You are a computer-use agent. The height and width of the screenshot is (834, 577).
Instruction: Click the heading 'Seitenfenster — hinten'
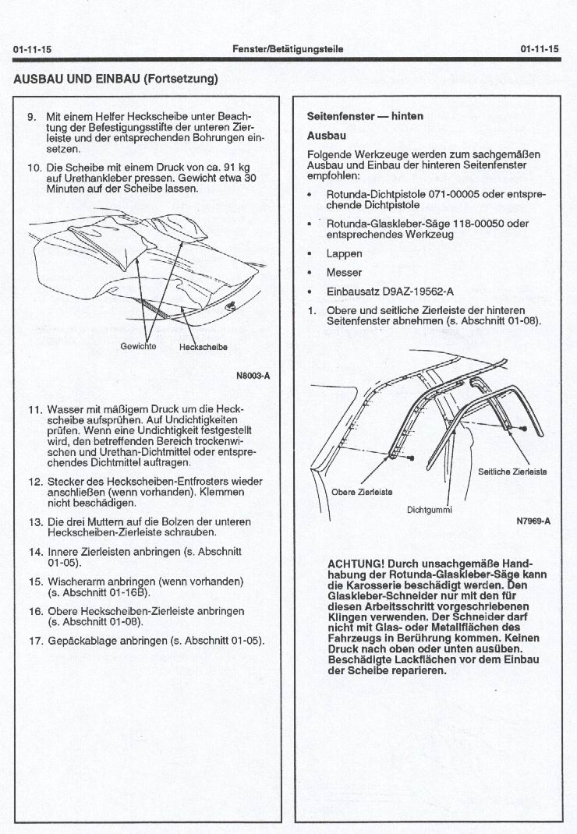[x=365, y=116]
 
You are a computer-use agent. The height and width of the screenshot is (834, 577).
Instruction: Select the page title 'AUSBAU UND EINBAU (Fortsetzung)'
[x=115, y=79]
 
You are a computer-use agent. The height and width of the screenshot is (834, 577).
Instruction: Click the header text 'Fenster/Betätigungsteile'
[x=288, y=49]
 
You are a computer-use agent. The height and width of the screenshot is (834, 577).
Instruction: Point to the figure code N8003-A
[x=253, y=376]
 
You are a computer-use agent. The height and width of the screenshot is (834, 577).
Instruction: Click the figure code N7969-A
[x=533, y=521]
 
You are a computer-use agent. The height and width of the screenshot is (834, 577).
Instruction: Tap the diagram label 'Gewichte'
[x=139, y=346]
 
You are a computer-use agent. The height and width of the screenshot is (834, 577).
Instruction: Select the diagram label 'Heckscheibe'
[x=204, y=347]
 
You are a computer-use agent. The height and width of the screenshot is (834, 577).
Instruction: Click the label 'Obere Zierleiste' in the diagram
[x=362, y=492]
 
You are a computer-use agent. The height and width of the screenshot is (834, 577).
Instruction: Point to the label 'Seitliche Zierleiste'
[x=512, y=472]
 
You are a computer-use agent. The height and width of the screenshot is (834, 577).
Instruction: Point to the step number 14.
[x=35, y=552]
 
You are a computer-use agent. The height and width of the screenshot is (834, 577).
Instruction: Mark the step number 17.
[x=35, y=641]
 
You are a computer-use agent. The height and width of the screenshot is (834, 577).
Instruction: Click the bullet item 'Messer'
[x=344, y=273]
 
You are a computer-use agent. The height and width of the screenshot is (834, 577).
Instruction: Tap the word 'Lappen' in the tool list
[x=344, y=253]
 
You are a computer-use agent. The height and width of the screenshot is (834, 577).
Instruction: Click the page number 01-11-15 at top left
[x=33, y=49]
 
